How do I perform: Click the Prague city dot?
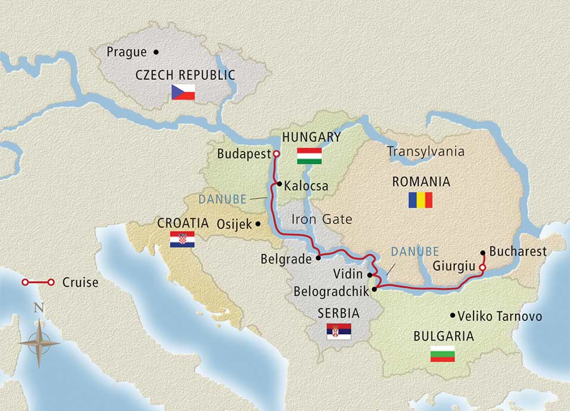click(156, 52)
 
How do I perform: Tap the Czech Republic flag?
click(184, 92)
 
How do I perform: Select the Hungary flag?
click(309, 155)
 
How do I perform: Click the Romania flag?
click(420, 200)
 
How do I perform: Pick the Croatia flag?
click(182, 239)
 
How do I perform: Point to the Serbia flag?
click(339, 332)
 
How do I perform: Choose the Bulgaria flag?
click(442, 354)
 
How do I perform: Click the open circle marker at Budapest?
click(277, 153)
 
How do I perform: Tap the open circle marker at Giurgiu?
click(482, 268)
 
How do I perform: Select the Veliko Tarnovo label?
click(501, 316)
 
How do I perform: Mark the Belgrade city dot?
click(318, 258)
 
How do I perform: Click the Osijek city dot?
click(258, 224)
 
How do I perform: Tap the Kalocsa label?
click(306, 186)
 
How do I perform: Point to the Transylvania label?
click(426, 151)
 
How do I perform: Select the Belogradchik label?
click(331, 292)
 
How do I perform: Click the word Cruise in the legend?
click(80, 282)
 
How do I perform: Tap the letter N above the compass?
click(39, 308)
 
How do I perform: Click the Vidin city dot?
click(370, 275)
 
